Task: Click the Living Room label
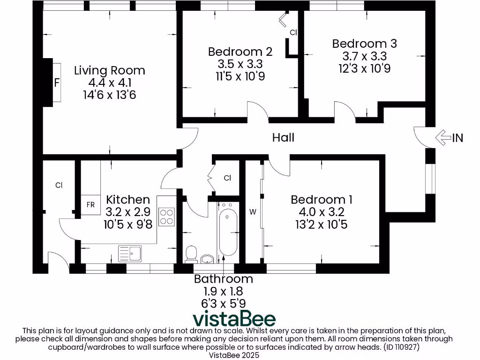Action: [x=110, y=71]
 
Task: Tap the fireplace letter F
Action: [x=57, y=83]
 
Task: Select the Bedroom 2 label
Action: [x=240, y=51]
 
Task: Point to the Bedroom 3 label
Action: [x=364, y=44]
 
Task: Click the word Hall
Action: [x=283, y=137]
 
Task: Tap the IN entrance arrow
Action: [x=449, y=137]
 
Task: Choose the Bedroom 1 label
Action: [x=322, y=200]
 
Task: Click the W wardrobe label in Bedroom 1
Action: [x=253, y=212]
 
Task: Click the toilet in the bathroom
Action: [x=191, y=254]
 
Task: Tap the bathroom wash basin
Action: [x=207, y=258]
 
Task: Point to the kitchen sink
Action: [x=130, y=254]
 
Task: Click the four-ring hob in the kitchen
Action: [x=167, y=217]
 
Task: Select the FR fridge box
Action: [x=90, y=205]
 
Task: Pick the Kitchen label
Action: [x=128, y=200]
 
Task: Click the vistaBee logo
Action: [x=234, y=319]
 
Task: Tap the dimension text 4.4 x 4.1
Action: [x=110, y=83]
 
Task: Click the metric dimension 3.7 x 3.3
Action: [x=364, y=56]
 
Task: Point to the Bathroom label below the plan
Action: [x=224, y=279]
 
